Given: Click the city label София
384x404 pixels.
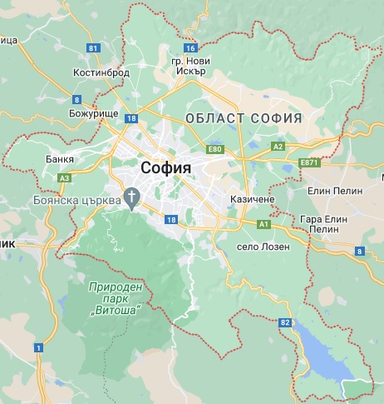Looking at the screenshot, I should coord(166,167).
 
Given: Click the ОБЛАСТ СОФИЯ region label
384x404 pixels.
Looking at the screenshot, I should coord(244,118).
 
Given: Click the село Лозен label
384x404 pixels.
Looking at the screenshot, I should coord(263,247).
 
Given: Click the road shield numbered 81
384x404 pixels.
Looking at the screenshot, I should coord(93,48).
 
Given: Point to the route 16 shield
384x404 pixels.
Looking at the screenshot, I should coord(191,48).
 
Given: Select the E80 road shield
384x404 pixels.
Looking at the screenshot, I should coord(216,149).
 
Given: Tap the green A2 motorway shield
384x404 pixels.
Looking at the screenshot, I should coord(278,147).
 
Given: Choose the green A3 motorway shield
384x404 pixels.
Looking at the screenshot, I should coord(64,177).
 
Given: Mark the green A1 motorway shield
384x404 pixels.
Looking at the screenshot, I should coord(264,225).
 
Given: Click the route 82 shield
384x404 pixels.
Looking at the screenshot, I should coord(287,322).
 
